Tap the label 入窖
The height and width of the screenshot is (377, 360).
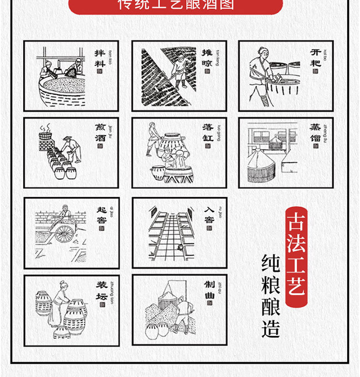pos(209,216)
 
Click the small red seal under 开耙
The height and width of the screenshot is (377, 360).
pos(315,73)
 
